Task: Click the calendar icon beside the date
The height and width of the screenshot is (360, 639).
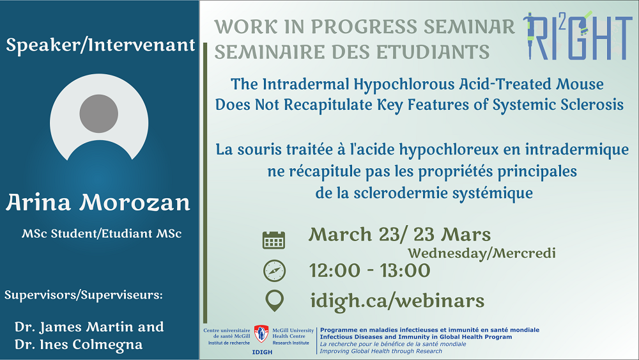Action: click(x=273, y=240)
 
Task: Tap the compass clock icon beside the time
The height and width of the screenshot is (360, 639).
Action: click(x=274, y=270)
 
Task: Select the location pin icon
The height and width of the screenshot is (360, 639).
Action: click(x=274, y=301)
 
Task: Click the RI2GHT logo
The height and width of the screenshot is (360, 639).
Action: click(x=578, y=35)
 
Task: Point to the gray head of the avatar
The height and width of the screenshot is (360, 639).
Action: click(x=98, y=114)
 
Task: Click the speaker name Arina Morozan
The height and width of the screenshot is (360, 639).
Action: click(x=98, y=202)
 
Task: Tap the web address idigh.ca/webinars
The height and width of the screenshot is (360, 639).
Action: click(x=397, y=301)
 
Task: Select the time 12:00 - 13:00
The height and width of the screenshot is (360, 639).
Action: click(x=369, y=270)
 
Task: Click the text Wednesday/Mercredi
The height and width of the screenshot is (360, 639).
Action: click(x=482, y=253)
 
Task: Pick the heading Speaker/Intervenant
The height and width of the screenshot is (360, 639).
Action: click(x=100, y=45)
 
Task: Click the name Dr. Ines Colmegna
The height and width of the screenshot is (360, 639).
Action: click(x=79, y=345)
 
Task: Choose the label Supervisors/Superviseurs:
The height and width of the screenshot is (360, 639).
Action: click(x=84, y=294)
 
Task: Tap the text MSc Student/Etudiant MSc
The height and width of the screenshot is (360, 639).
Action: click(x=102, y=233)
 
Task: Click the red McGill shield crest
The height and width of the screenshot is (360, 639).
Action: click(x=261, y=334)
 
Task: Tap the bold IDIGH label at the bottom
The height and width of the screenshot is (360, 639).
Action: click(x=262, y=352)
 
